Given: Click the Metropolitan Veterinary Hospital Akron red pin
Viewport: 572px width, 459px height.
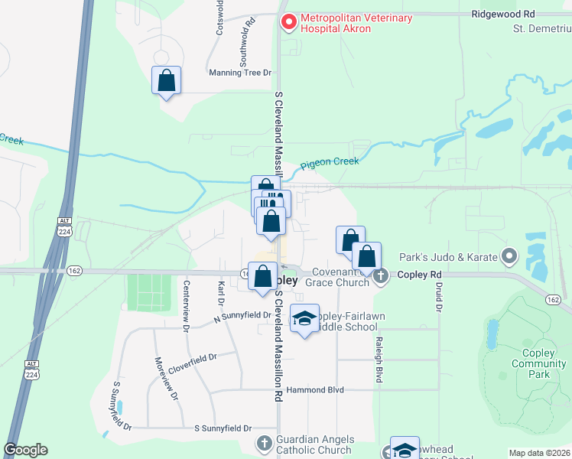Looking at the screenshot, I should (288, 23).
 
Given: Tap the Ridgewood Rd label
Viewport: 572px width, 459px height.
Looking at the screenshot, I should (503, 14).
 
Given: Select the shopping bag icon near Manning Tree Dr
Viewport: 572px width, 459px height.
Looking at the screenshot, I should (167, 80).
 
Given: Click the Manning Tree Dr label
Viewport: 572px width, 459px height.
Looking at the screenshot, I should (240, 73).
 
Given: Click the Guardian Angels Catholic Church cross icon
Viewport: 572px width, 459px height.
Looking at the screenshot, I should (264, 443).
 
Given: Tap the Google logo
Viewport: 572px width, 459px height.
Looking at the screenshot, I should (25, 449).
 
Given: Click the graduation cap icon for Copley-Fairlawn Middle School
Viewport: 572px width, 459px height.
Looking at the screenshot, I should (304, 319).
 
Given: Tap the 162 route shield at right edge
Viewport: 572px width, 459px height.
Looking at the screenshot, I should (553, 300).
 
